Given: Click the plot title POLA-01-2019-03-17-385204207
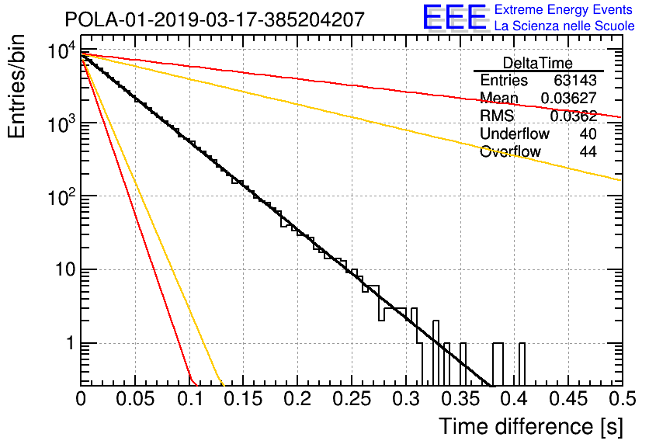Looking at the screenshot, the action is tap(215, 19).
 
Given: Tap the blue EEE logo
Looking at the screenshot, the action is tap(455, 17).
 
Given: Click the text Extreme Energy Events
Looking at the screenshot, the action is tap(564, 9).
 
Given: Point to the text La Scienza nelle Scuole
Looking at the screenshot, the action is tap(564, 26).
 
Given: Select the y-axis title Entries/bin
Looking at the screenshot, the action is tap(16, 86).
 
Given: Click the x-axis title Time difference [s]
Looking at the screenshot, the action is tap(531, 427).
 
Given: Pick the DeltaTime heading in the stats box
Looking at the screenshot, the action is tap(538, 63).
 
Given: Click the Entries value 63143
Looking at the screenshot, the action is tap(575, 80).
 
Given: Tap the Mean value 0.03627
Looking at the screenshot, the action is tap(569, 98).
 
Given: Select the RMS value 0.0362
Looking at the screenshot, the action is tap(573, 116).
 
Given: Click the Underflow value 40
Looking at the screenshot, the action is tap(588, 134).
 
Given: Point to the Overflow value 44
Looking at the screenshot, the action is tap(588, 151).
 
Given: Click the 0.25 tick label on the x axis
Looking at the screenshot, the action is tap(352, 399).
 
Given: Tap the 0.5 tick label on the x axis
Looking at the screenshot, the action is tap(623, 399).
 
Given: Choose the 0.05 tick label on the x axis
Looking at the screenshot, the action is tap(135, 399).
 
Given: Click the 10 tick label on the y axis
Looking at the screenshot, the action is tap(66, 270).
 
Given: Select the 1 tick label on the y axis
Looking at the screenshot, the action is tap(71, 343).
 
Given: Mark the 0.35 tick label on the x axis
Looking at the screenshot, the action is tap(460, 399).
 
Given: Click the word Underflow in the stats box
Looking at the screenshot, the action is tap(515, 134).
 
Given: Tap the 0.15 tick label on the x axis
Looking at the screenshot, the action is tap(244, 399).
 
